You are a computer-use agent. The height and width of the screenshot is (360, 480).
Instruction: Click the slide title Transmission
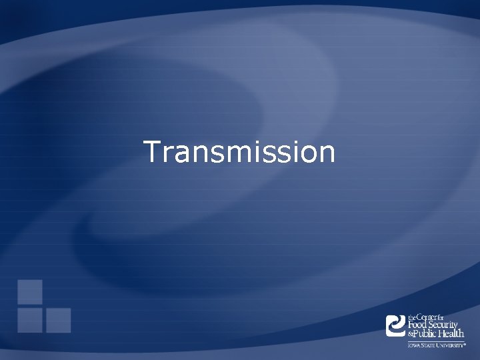pos(239,152)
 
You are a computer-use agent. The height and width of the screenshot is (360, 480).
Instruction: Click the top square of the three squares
pos(30,291)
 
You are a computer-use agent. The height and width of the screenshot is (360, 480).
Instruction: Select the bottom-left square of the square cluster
pos(30,320)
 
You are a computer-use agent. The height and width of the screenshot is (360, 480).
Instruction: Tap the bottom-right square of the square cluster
pos(58,320)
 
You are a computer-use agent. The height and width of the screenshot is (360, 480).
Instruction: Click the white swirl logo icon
pos(396,325)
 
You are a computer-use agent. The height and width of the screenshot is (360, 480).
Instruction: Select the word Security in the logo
pos(447,325)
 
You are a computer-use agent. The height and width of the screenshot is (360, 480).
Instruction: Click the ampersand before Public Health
pos(411,334)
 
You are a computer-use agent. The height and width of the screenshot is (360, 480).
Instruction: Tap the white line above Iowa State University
pos(436,341)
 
